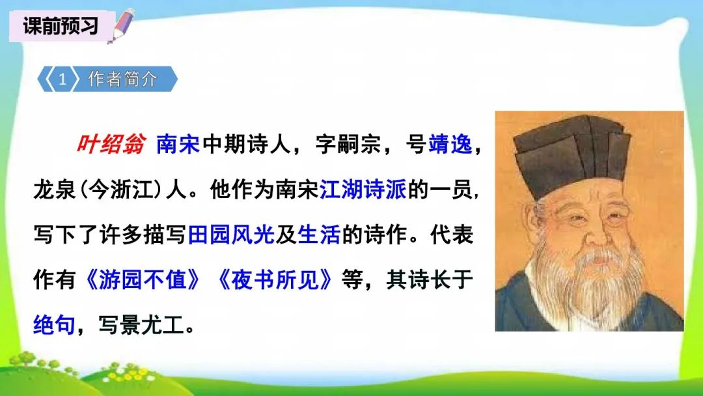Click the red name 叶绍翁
[110, 145]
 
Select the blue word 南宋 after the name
[178, 145]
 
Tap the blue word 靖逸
[450, 145]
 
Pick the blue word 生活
[319, 235]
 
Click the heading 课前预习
[60, 26]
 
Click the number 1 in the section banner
[62, 79]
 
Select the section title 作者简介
[123, 79]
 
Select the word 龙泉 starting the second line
[54, 190]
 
